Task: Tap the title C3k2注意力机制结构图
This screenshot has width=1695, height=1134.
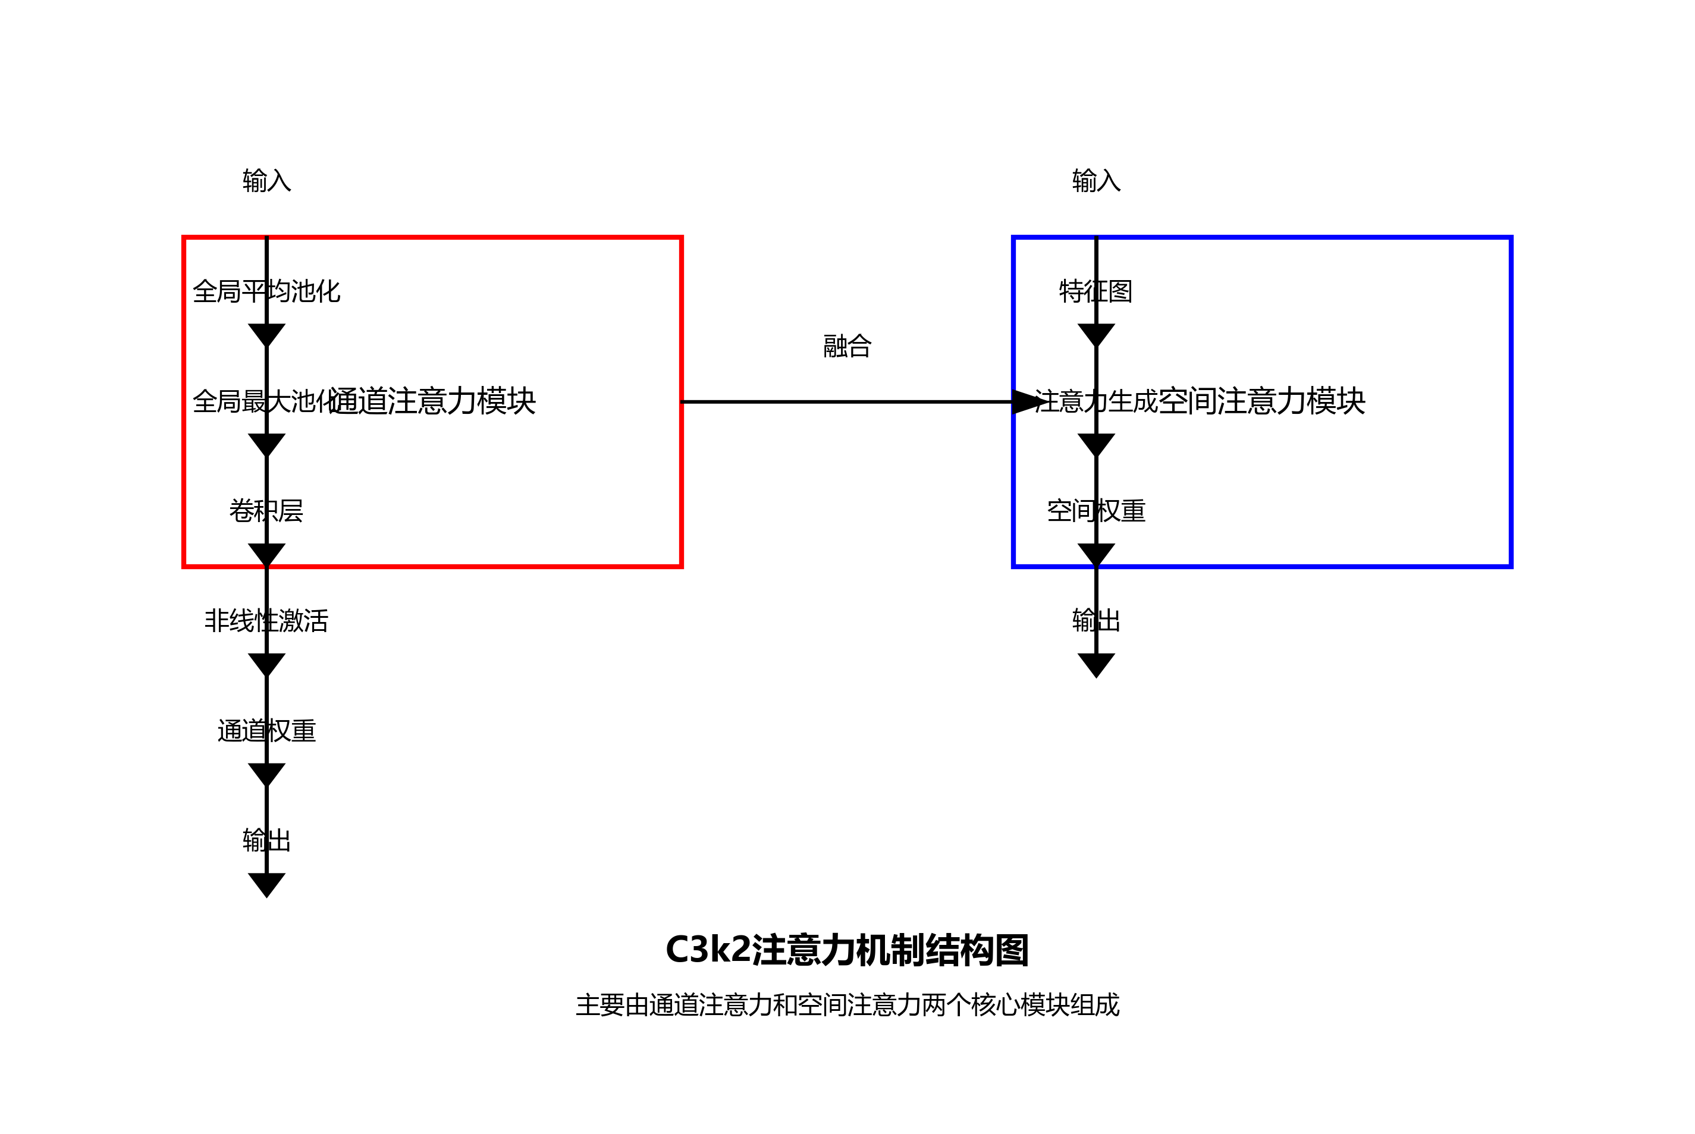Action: pos(847,950)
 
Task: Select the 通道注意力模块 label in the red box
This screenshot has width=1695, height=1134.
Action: pos(433,401)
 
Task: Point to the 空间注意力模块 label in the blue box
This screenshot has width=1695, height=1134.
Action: pos(1262,401)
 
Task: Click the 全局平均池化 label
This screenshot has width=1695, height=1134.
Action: pos(266,291)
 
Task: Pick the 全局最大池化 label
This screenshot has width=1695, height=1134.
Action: pos(260,401)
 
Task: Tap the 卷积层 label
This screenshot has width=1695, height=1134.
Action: pos(266,511)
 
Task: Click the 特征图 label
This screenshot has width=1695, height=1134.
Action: pos(1096,291)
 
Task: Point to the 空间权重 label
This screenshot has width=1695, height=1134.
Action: pos(1096,511)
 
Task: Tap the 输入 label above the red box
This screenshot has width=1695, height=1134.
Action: pos(266,181)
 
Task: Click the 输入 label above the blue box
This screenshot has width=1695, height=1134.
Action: pos(1096,181)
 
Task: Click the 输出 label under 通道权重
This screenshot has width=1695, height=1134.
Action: pos(266,841)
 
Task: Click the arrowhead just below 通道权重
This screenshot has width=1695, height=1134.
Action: pos(266,774)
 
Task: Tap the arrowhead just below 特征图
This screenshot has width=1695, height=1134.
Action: pos(1096,335)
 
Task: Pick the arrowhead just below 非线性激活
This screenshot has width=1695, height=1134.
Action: pos(266,664)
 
